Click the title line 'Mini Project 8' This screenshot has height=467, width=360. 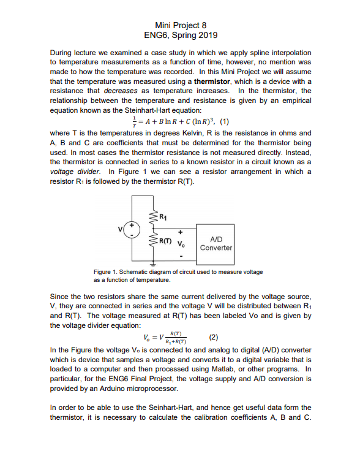(180, 25)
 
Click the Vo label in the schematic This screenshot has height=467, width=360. (181, 243)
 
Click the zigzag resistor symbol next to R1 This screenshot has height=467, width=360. (153, 216)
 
